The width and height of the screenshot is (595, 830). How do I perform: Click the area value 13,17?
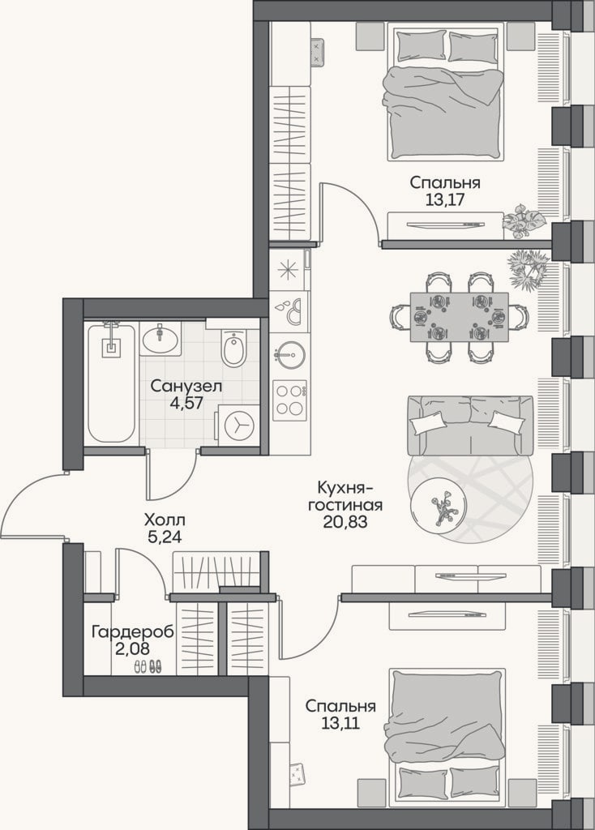pos(445,199)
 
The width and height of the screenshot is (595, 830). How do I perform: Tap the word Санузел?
pos(186,386)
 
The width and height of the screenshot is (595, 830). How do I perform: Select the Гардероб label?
pos(132,632)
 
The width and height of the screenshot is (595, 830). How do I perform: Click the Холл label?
pos(165,520)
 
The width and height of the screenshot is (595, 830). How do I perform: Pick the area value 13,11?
pos(340,722)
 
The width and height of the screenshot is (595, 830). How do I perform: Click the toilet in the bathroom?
pos(233,347)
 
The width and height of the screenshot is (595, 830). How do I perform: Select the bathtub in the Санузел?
pos(111,383)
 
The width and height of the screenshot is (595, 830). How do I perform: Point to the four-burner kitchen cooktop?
pos(289,400)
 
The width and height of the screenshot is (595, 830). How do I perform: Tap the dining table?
pos(459,317)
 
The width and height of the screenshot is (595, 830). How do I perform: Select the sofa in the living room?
pos(470,425)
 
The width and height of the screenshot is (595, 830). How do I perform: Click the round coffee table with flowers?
pos(439,507)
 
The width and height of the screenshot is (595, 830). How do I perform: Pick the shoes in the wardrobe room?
pos(148,666)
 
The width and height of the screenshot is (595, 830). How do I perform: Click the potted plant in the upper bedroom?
pos(523,220)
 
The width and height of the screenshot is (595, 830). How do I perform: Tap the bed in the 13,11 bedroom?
pos(445,738)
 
